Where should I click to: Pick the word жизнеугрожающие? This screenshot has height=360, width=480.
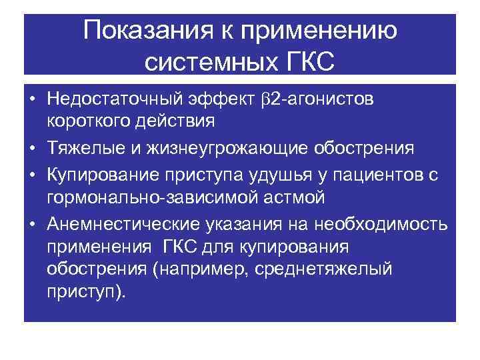pyautogui.click(x=220, y=146)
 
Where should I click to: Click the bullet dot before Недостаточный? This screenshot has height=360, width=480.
pyautogui.click(x=31, y=100)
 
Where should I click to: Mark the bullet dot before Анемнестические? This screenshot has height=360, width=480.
pyautogui.click(x=31, y=223)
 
